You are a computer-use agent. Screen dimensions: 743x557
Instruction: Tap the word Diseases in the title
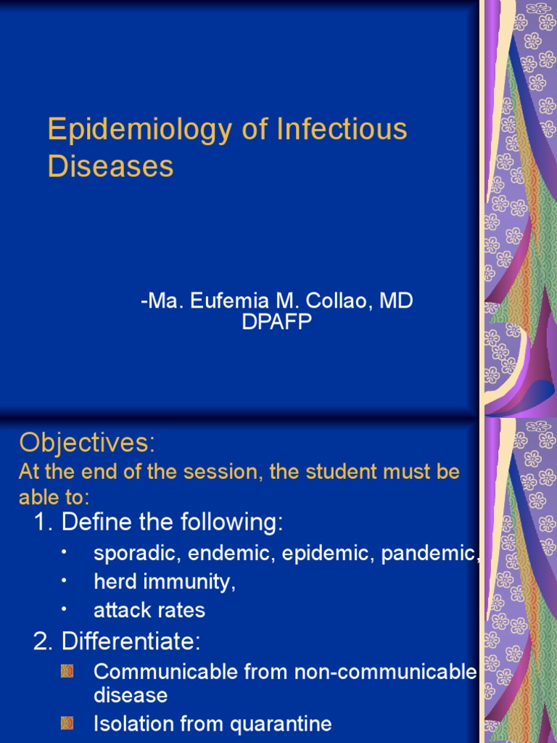(110, 166)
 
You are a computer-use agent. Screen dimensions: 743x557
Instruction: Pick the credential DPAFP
(277, 322)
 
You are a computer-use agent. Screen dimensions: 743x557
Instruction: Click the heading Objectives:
(87, 442)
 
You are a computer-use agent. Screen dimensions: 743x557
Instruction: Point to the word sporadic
(137, 554)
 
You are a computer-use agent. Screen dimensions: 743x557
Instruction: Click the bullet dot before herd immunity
(64, 581)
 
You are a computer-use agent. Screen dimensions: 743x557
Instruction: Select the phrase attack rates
(149, 610)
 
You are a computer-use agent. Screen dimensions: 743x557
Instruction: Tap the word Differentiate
(130, 641)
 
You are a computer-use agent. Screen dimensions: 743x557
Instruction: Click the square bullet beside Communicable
(67, 672)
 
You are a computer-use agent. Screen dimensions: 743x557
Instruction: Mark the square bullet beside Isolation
(67, 723)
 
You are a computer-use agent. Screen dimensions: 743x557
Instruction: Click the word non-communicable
(385, 672)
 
